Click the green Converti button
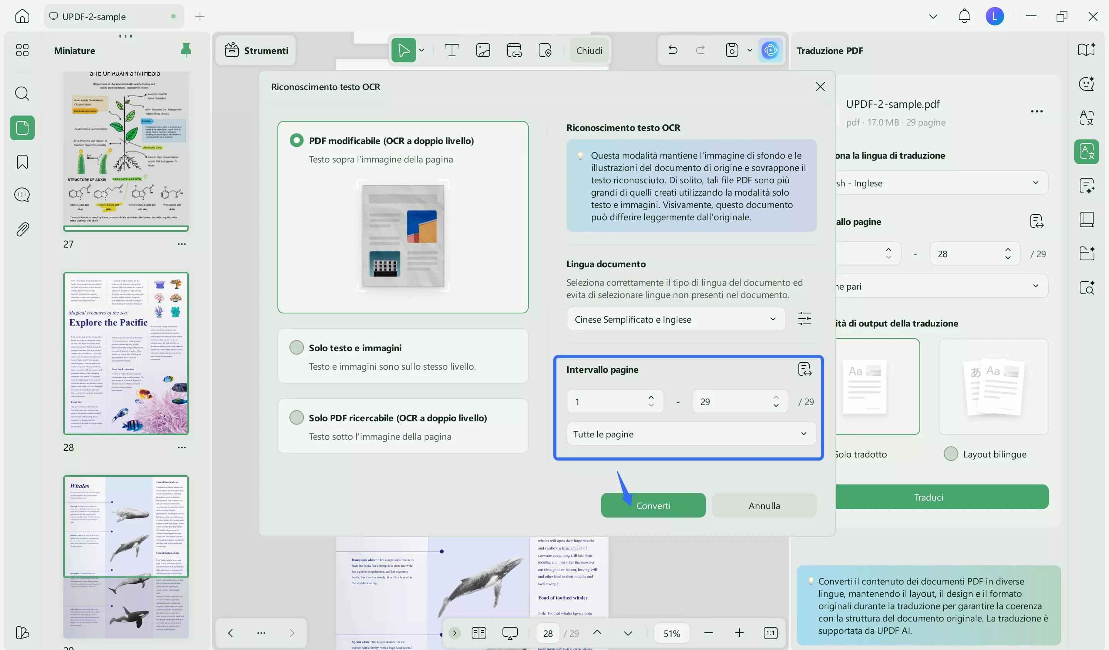653,505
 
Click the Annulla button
764,505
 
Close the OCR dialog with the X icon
820,87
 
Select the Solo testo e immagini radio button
297,347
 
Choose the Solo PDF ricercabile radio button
297,417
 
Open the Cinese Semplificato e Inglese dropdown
675,319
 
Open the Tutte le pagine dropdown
690,434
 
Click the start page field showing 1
607,402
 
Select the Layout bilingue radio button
951,454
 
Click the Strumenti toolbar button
257,50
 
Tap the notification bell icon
964,17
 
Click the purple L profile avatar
994,17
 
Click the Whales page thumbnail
126,526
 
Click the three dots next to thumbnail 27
182,244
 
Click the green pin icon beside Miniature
186,50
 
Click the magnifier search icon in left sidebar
22,94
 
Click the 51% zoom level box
672,633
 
